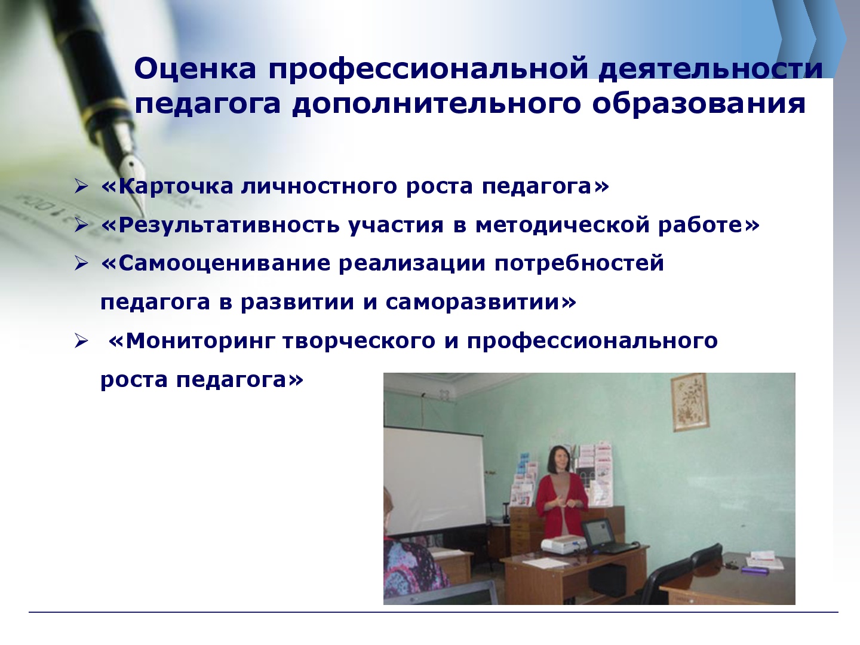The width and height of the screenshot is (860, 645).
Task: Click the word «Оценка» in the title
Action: tap(195, 68)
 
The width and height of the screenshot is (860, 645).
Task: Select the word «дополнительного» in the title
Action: tap(436, 105)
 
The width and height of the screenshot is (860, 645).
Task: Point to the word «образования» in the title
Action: tap(699, 105)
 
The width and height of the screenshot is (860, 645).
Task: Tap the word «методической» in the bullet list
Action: tap(562, 225)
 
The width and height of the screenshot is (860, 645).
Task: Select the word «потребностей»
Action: tap(579, 263)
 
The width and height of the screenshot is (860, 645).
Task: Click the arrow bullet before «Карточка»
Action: tap(81, 186)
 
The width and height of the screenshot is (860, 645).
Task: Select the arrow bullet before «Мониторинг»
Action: tap(81, 341)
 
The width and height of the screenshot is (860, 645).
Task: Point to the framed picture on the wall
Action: tap(690, 402)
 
